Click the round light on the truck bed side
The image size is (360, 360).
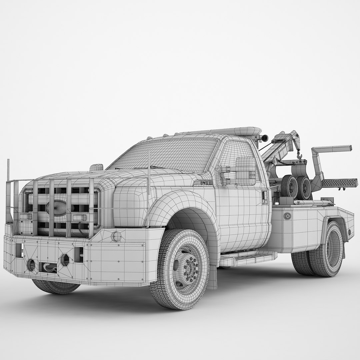tap(287, 216)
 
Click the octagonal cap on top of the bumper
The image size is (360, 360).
tap(116, 236)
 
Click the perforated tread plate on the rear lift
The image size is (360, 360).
tap(338, 183)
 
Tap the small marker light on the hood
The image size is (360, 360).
tap(96, 167)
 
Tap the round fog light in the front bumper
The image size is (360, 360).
tap(31, 265)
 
